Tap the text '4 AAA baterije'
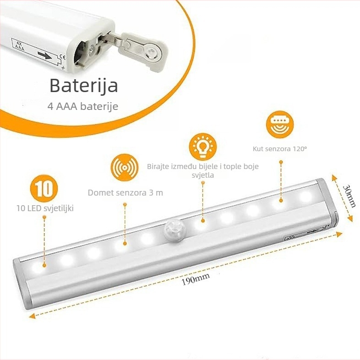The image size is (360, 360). pyautogui.click(x=83, y=106)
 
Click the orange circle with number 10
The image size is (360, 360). pyautogui.click(x=44, y=189)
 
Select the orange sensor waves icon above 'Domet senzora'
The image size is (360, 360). pyautogui.click(x=125, y=167)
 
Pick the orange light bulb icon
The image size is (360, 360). pyautogui.click(x=203, y=147)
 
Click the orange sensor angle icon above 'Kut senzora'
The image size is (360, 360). pyautogui.click(x=280, y=125)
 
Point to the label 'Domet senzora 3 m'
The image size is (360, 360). pyautogui.click(x=125, y=193)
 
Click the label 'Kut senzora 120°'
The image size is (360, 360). pyautogui.click(x=280, y=149)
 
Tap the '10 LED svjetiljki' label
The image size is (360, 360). pyautogui.click(x=45, y=208)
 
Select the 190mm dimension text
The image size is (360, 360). pyautogui.click(x=196, y=278)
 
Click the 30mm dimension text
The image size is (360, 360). pyautogui.click(x=349, y=196)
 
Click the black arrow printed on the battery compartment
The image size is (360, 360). pyautogui.click(x=44, y=55)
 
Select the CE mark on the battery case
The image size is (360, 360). pyautogui.click(x=62, y=57)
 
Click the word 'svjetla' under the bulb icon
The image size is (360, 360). pyautogui.click(x=203, y=175)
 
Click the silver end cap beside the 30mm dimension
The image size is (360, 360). pyautogui.click(x=327, y=202)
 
